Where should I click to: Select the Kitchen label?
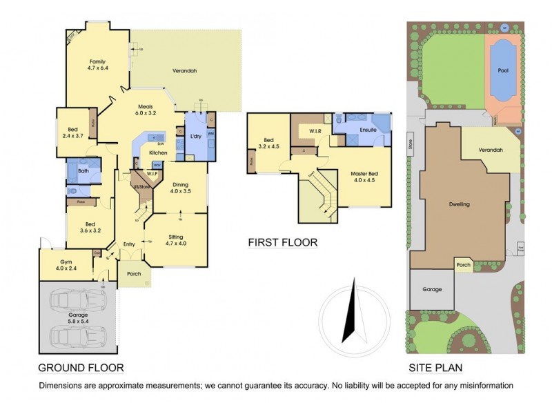[x=158, y=152]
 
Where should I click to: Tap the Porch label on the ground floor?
[x=133, y=274]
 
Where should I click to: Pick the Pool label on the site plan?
[x=504, y=70]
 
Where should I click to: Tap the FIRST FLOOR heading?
[x=283, y=242]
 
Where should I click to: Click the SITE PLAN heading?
[x=435, y=368]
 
